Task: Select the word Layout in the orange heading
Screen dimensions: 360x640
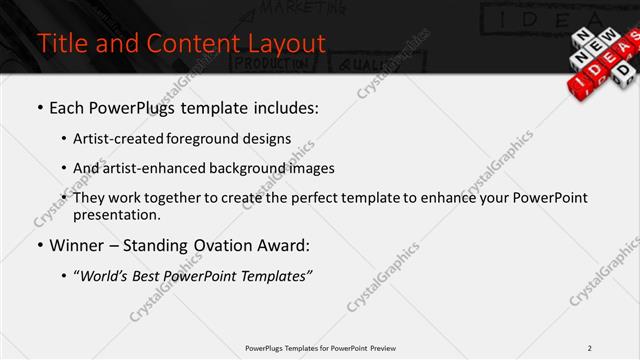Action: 285,44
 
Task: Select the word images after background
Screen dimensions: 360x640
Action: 311,168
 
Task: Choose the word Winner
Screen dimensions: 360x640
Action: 79,245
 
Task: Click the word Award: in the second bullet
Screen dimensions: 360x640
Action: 290,245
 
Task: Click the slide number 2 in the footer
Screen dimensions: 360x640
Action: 590,348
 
